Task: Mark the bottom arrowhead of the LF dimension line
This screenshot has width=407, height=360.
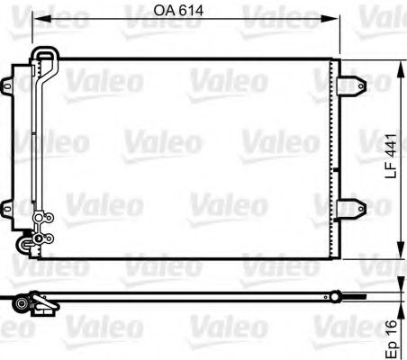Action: tap(399, 254)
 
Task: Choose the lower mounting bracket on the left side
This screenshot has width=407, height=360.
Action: tap(8, 203)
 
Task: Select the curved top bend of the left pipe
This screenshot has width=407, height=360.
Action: tap(45, 57)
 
